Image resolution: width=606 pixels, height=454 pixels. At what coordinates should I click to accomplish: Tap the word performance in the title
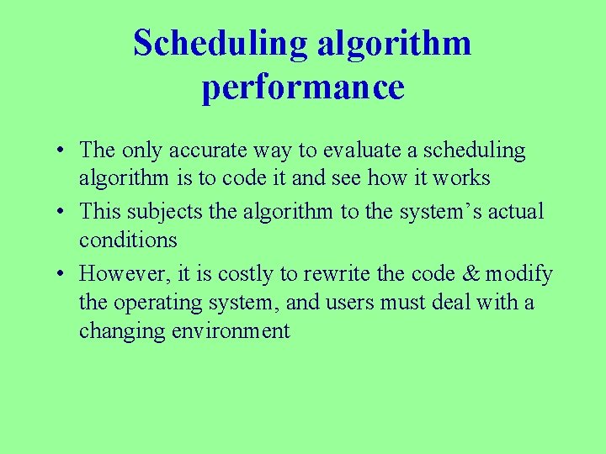click(x=303, y=87)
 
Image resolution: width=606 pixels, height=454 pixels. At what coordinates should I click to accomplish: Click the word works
click(x=461, y=178)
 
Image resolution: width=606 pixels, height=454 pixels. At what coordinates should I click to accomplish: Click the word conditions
click(x=128, y=240)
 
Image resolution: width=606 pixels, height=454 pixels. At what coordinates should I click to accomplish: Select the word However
click(x=117, y=273)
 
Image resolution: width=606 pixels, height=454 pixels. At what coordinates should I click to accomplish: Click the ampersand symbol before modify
click(x=470, y=273)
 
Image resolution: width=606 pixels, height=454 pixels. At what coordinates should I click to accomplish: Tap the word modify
click(x=518, y=273)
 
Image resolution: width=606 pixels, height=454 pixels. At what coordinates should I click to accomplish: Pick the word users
click(x=353, y=301)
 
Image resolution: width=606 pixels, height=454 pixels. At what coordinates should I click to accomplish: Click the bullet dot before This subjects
click(x=63, y=211)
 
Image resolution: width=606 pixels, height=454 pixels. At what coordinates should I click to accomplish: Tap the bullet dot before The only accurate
click(x=63, y=151)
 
